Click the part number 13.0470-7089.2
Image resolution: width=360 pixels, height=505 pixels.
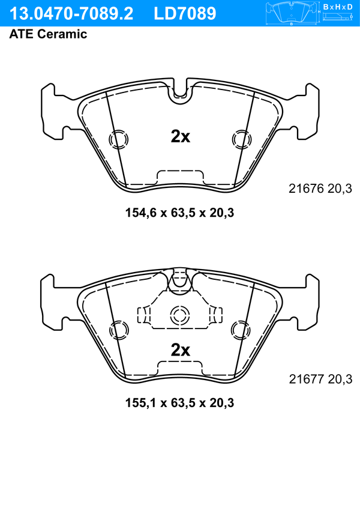(71, 14)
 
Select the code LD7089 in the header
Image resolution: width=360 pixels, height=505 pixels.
(185, 14)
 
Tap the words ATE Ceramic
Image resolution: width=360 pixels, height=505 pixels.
(48, 34)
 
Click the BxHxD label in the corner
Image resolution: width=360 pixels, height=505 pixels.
(338, 7)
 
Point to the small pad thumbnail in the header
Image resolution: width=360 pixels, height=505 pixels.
(292, 13)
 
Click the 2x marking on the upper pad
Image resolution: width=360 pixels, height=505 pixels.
(180, 136)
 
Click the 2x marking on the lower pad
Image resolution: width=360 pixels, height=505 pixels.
(180, 349)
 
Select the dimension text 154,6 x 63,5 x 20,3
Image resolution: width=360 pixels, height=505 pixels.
(179, 213)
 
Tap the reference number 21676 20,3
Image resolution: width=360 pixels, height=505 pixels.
(320, 189)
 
